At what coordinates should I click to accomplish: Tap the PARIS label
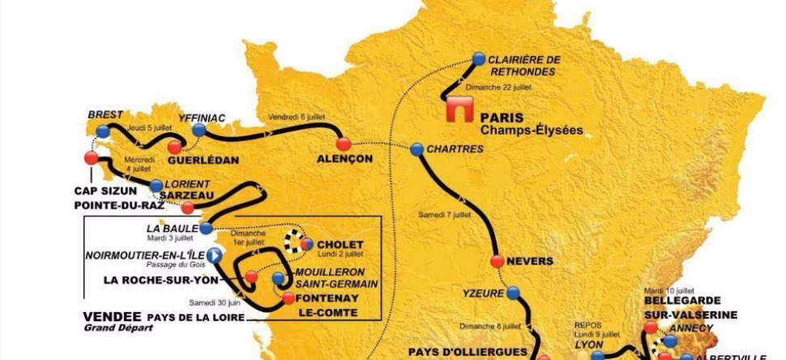(x=502, y=115)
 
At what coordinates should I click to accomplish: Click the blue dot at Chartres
(x=416, y=149)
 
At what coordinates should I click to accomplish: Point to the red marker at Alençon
(x=343, y=144)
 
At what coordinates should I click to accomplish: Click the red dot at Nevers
(x=498, y=261)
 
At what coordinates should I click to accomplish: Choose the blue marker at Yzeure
(x=510, y=293)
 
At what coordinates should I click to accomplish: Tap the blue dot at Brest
(x=102, y=131)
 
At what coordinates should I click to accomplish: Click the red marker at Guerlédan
(x=174, y=147)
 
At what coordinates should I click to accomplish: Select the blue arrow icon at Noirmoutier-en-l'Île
(x=215, y=255)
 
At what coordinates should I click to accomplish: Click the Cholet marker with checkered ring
(x=306, y=242)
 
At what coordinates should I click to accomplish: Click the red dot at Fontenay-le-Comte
(x=288, y=298)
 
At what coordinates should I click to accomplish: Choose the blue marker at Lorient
(x=156, y=186)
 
